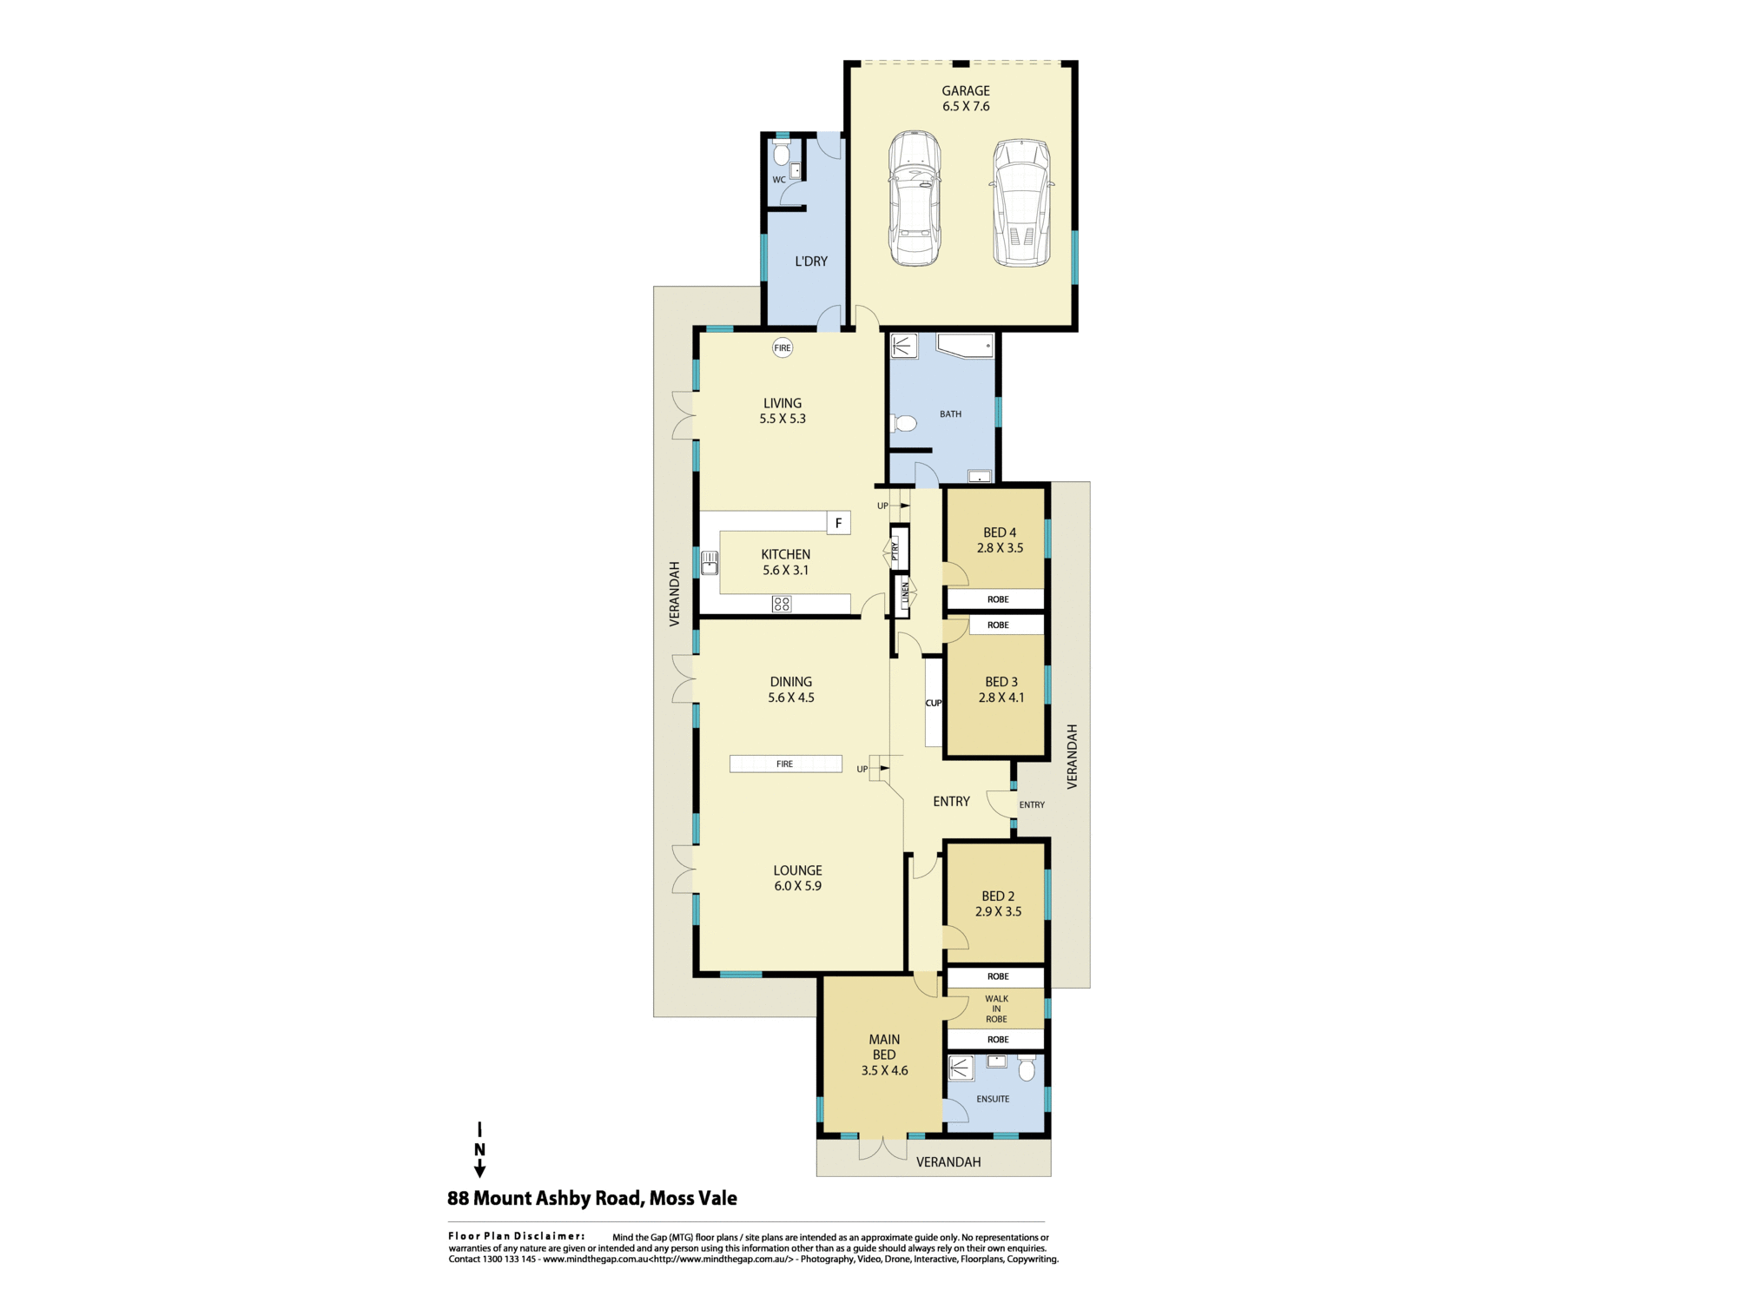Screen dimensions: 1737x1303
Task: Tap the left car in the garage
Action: (x=915, y=198)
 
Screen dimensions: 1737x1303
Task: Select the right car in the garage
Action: (x=1022, y=202)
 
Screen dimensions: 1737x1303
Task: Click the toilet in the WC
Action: (x=781, y=154)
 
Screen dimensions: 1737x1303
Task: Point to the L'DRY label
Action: (x=811, y=261)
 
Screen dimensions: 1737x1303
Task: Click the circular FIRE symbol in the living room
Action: (x=783, y=347)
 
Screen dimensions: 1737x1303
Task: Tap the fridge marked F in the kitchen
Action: (x=838, y=523)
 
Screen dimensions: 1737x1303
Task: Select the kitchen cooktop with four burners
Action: (x=782, y=604)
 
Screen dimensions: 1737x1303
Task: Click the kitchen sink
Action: (x=710, y=563)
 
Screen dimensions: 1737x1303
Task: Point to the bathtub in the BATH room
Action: (x=965, y=346)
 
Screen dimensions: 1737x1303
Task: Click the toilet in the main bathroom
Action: (x=903, y=424)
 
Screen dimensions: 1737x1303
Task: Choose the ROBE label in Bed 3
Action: (x=998, y=625)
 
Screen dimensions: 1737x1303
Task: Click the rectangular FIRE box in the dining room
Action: (x=785, y=764)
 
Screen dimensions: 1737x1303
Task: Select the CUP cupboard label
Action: (x=934, y=703)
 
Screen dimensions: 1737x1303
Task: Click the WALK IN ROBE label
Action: (x=996, y=1009)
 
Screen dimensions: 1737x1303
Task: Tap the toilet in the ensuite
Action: (x=1027, y=1068)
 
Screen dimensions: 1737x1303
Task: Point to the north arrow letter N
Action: (x=479, y=1149)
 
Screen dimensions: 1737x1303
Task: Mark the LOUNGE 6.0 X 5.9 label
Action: (x=797, y=878)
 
